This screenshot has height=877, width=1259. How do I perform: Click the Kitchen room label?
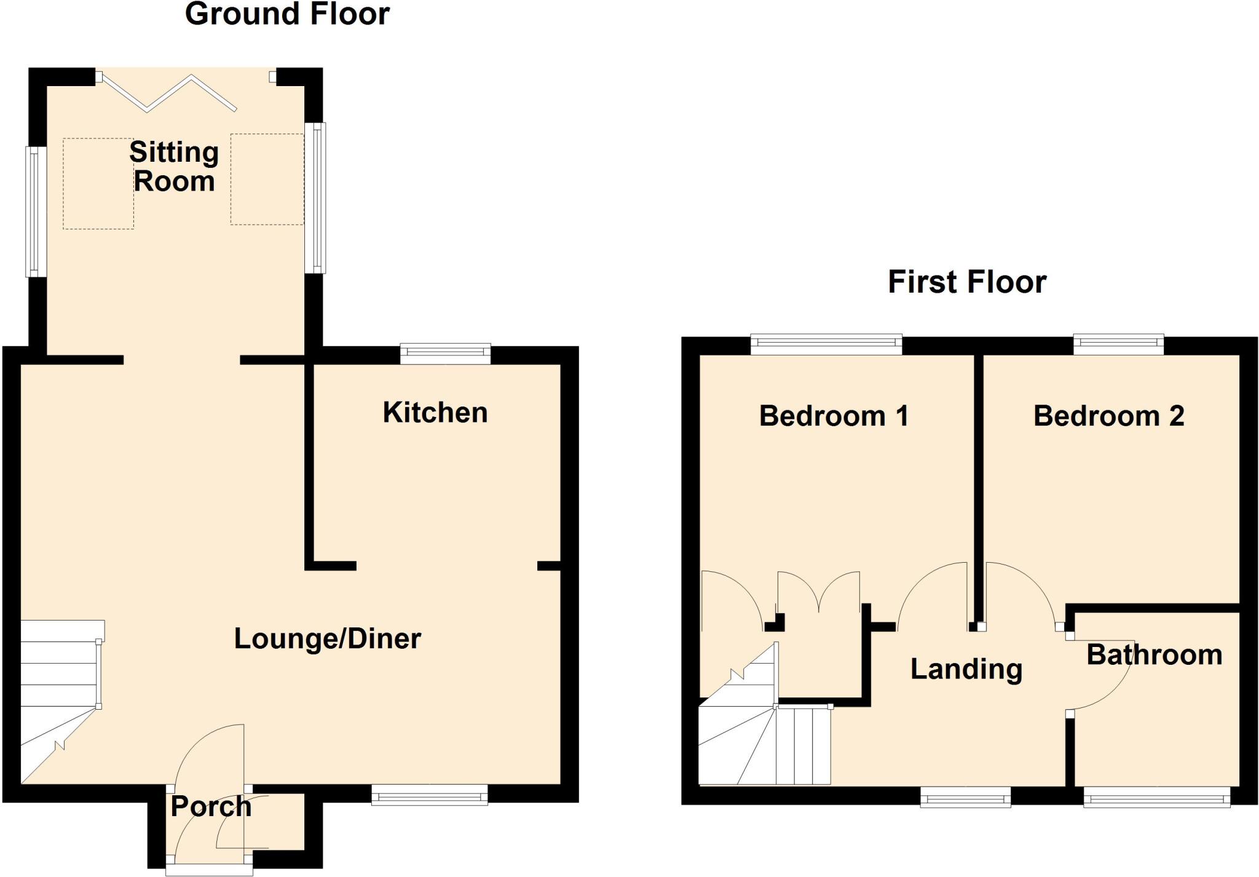tap(435, 413)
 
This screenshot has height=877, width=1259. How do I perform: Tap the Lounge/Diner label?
tap(327, 639)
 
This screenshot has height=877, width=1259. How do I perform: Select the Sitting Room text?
tap(174, 167)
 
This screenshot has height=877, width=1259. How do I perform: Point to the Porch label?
tap(211, 806)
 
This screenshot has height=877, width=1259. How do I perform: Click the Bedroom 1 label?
tap(833, 416)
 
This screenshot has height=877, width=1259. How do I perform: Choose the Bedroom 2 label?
tap(1108, 416)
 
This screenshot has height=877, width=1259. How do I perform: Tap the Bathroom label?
tap(1154, 655)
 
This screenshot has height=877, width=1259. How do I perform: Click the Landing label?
tap(966, 669)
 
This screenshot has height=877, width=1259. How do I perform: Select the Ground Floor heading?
tap(287, 14)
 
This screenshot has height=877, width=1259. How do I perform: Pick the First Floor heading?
tap(966, 282)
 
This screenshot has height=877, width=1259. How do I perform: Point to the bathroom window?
tap(1156, 798)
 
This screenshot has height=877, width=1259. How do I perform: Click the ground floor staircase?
tap(58, 695)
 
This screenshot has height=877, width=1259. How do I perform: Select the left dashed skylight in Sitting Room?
tap(98, 184)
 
